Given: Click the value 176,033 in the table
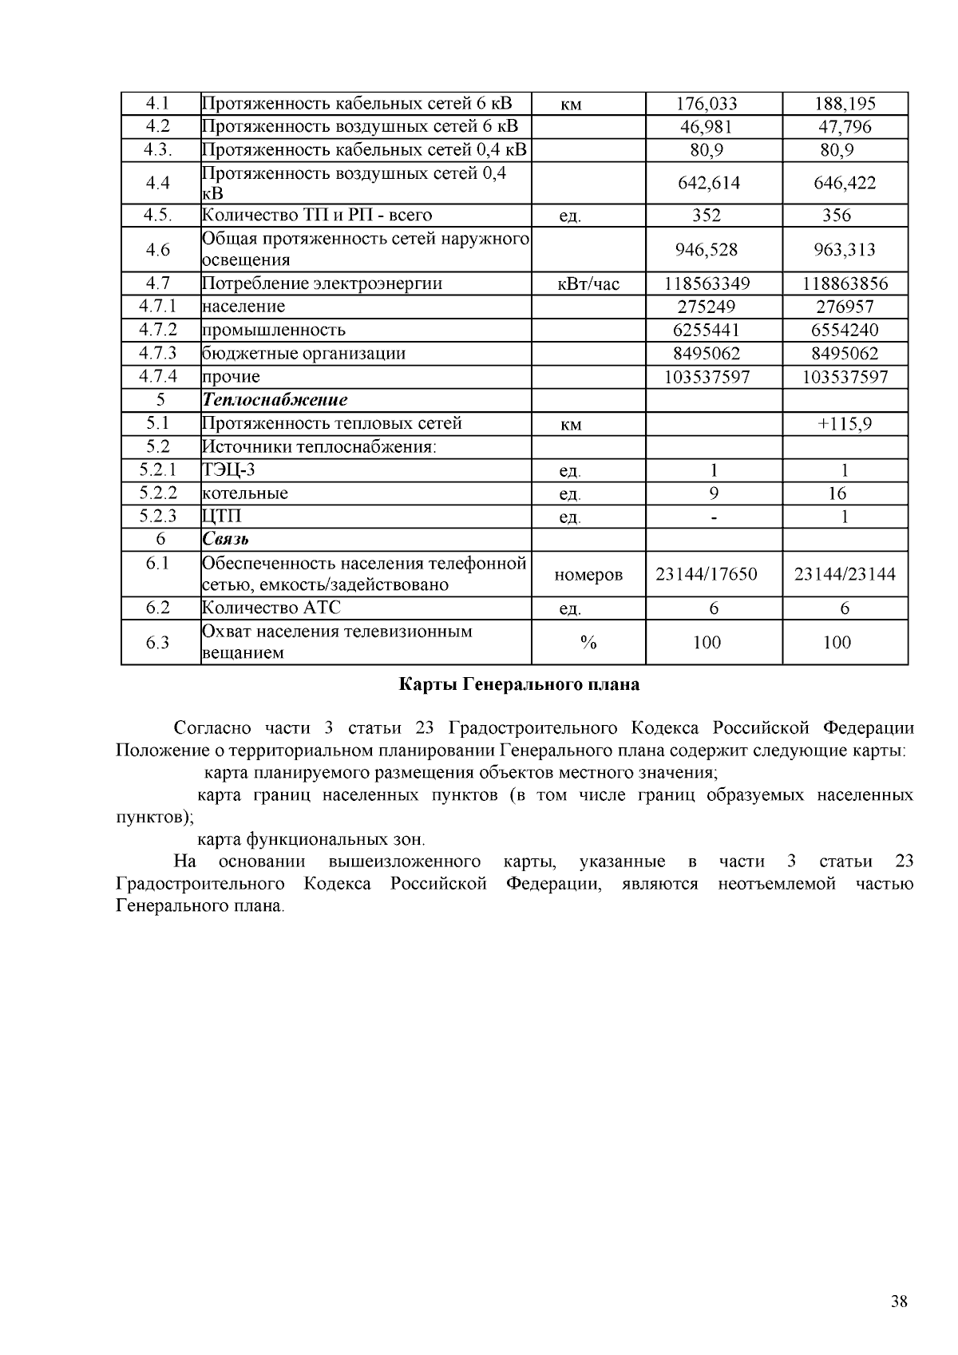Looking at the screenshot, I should click(707, 104).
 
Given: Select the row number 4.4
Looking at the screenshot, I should click(158, 183).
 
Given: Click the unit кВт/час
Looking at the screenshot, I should click(588, 284).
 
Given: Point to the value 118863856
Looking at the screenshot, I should click(845, 283).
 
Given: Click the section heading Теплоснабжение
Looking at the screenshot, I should click(275, 400).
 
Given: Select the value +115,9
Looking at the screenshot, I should click(845, 424).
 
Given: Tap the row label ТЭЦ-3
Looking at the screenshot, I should click(228, 470).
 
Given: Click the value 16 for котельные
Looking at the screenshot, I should click(837, 493).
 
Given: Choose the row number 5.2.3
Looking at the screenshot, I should click(158, 517).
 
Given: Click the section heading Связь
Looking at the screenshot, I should click(226, 540).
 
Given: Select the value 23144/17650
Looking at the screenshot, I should click(707, 574).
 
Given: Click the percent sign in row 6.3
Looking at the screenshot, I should click(589, 643).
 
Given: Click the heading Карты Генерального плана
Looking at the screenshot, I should click(519, 684).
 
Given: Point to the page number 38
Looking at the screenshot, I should click(899, 1302).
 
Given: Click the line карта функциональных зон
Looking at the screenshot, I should click(311, 839).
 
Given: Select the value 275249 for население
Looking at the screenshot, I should click(707, 307).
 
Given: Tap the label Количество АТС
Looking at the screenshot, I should click(271, 608).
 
